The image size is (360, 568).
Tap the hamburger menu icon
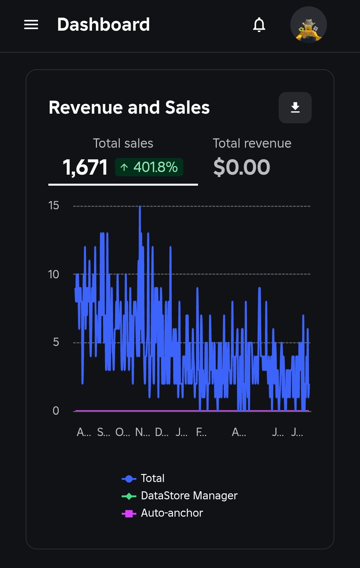point(31,25)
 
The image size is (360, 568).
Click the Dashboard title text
point(103,25)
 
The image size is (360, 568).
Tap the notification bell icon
point(259,25)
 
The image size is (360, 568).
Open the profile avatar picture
point(308,25)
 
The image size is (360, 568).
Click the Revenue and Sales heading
point(129,108)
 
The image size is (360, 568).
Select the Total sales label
point(123,143)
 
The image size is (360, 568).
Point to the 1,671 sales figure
point(85,167)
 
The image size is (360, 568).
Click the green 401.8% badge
point(149,167)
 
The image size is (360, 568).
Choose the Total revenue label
point(252,143)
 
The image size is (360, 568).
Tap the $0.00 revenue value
point(242,167)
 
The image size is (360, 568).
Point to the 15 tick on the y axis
point(54,206)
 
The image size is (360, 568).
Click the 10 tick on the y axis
point(53,275)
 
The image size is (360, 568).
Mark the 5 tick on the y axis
point(56,342)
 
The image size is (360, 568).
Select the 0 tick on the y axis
point(56,411)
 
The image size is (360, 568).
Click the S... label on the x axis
point(103,432)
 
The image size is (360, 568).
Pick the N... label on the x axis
point(142,432)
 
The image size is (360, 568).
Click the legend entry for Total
point(152,478)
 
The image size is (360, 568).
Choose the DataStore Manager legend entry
point(189,496)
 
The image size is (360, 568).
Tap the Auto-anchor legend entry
point(172,513)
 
